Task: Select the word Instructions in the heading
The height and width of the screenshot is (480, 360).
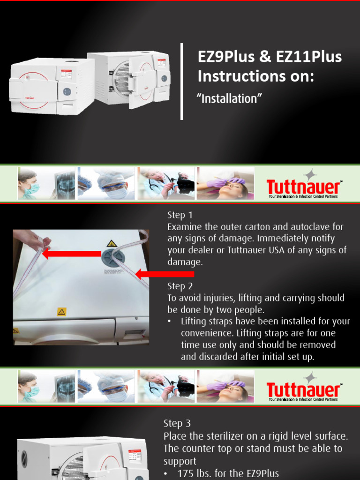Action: tap(237, 75)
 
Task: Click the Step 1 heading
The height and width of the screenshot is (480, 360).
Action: tap(180, 215)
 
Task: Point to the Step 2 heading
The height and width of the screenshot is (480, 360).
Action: tap(180, 286)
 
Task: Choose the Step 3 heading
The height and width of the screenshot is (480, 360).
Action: tap(177, 423)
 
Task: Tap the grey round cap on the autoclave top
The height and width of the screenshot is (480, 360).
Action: tap(113, 257)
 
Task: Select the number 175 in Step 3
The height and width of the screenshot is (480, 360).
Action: tap(186, 473)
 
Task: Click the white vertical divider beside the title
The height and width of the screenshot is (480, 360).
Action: tap(182, 82)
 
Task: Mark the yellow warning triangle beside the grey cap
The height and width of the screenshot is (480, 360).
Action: tap(112, 244)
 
